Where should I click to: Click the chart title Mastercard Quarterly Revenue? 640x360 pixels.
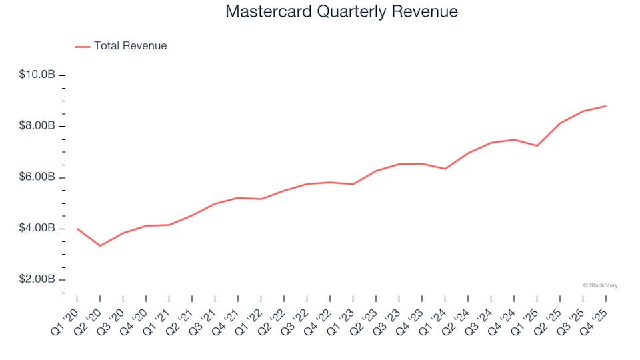coord(341,12)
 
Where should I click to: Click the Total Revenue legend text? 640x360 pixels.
coord(130,46)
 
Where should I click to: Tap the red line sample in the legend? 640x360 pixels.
coord(83,47)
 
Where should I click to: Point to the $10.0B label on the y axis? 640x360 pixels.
coord(37,75)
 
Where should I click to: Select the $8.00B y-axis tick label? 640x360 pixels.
coord(37,126)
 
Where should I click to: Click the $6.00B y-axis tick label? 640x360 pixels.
coord(37,177)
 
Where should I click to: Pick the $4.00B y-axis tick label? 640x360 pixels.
coord(37,229)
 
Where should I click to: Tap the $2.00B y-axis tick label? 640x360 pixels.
coord(37,279)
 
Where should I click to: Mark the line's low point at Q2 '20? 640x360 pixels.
coord(100,246)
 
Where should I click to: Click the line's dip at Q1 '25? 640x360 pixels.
coord(537,145)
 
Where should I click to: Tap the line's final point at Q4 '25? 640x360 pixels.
coord(605,106)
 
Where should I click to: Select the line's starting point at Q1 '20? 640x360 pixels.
coord(77,229)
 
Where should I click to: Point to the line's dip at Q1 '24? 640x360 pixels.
coord(445,169)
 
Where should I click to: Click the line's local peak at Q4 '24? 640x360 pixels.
coord(514,139)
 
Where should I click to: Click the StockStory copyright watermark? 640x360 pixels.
coord(600,285)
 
